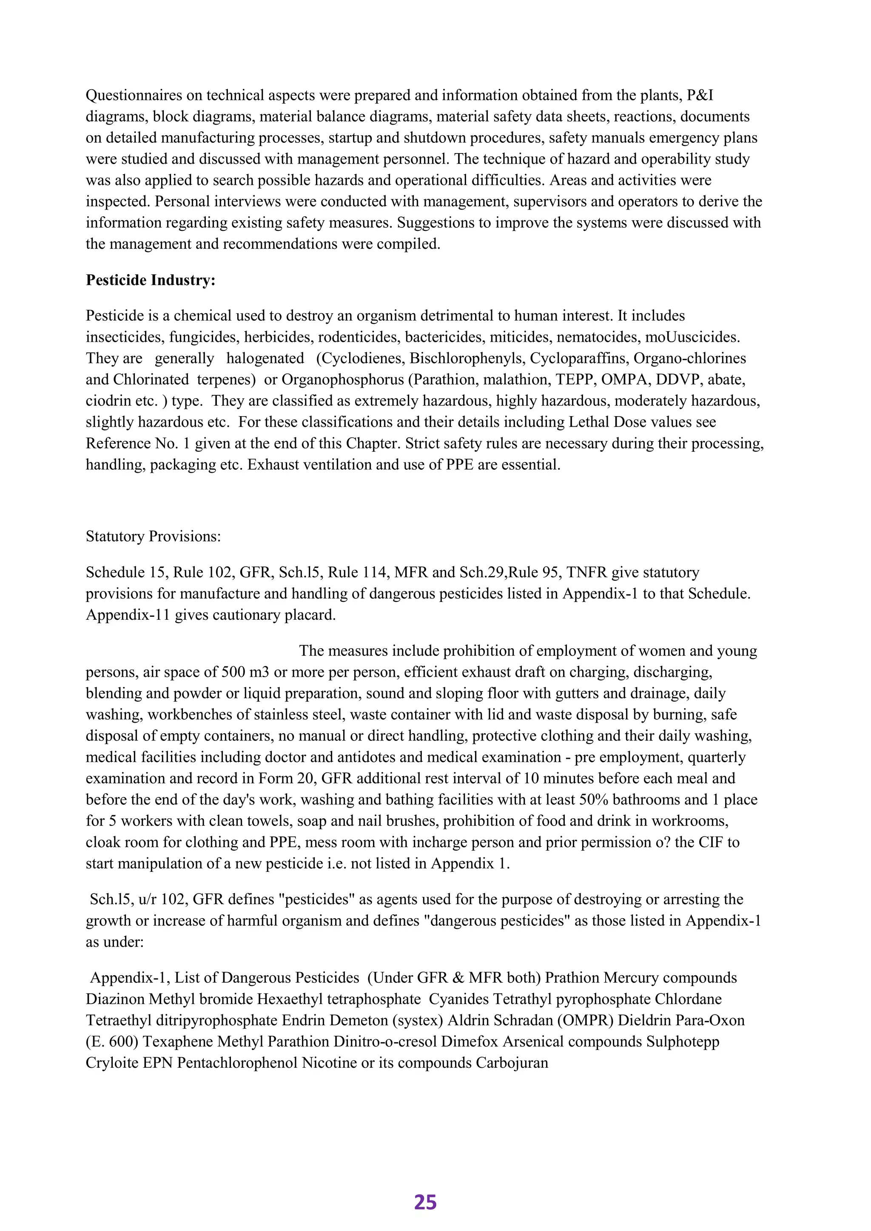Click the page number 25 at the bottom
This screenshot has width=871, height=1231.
tap(425, 1202)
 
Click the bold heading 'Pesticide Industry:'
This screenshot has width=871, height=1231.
tap(150, 281)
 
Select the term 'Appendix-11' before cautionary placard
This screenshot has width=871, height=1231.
tap(128, 615)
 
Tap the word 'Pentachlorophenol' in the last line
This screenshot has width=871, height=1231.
tap(237, 1063)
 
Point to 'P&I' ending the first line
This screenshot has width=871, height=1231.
tap(700, 96)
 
